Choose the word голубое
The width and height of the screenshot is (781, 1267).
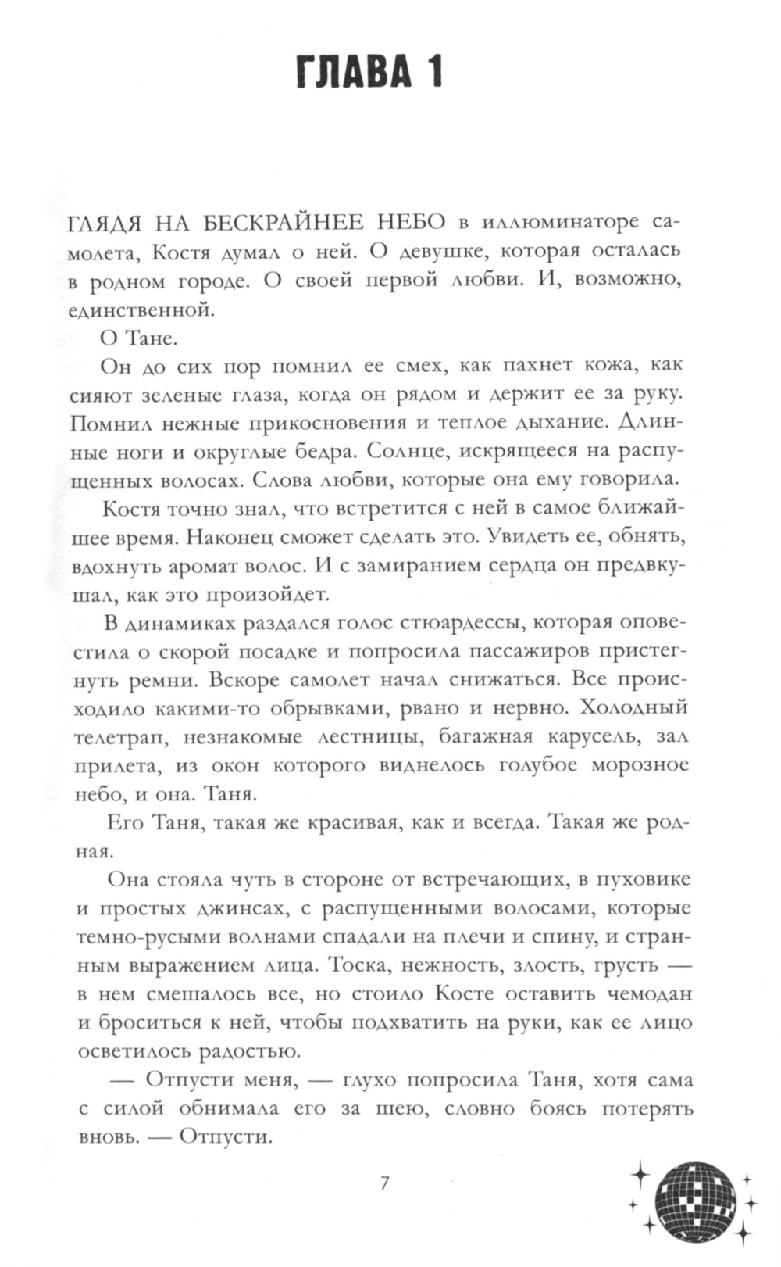[x=533, y=764]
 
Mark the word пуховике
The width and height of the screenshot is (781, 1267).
[x=644, y=879]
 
